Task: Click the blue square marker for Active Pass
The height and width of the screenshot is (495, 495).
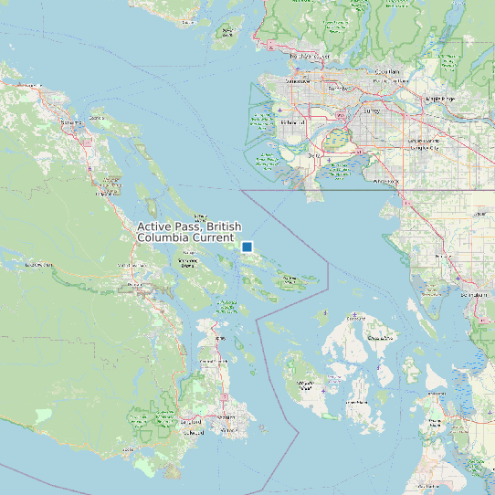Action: [247, 247]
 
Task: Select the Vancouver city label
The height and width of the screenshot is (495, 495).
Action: [298, 81]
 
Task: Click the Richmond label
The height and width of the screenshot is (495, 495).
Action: [294, 121]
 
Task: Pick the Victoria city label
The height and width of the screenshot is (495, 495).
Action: [226, 427]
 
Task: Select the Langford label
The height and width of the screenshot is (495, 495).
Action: [191, 423]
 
